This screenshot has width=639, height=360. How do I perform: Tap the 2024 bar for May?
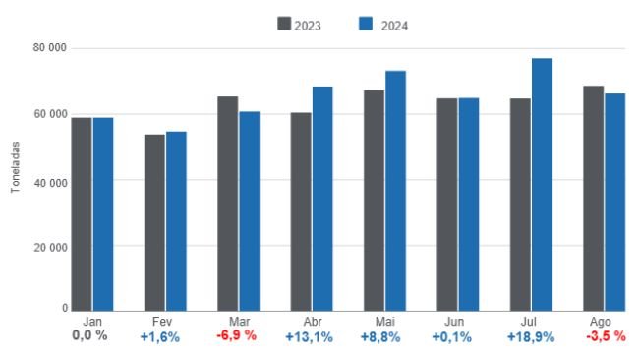click(395, 191)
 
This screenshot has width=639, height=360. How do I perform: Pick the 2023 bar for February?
click(154, 222)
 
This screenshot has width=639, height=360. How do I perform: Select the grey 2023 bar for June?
click(447, 204)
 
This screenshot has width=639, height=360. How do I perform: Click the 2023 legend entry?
click(307, 25)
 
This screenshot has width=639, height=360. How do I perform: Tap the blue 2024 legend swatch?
click(369, 25)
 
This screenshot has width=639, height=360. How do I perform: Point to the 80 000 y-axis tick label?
click(49, 48)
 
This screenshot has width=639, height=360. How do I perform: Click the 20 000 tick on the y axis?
click(49, 246)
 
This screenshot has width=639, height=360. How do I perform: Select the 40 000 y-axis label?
click(49, 181)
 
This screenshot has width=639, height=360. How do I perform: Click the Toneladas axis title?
click(16, 166)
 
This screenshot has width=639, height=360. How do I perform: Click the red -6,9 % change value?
click(237, 336)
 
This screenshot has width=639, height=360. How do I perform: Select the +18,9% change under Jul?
click(530, 336)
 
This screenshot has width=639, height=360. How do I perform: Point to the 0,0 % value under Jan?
click(90, 336)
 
